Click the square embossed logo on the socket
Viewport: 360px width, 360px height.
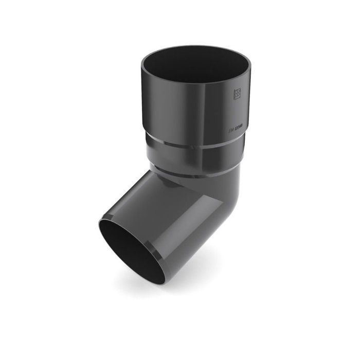pyautogui.click(x=237, y=94)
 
